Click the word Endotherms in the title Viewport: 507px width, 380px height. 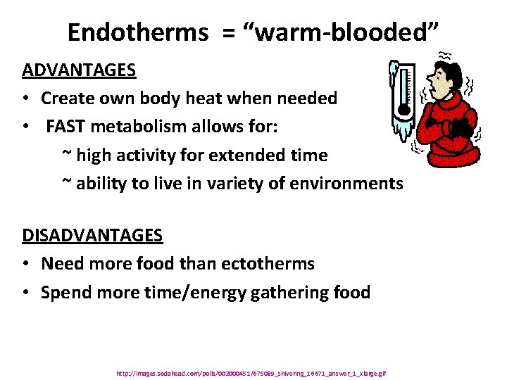(137, 32)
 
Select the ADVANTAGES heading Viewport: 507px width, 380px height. (79, 70)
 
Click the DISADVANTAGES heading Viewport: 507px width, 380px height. (92, 235)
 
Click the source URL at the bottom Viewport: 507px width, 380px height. (251, 373)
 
